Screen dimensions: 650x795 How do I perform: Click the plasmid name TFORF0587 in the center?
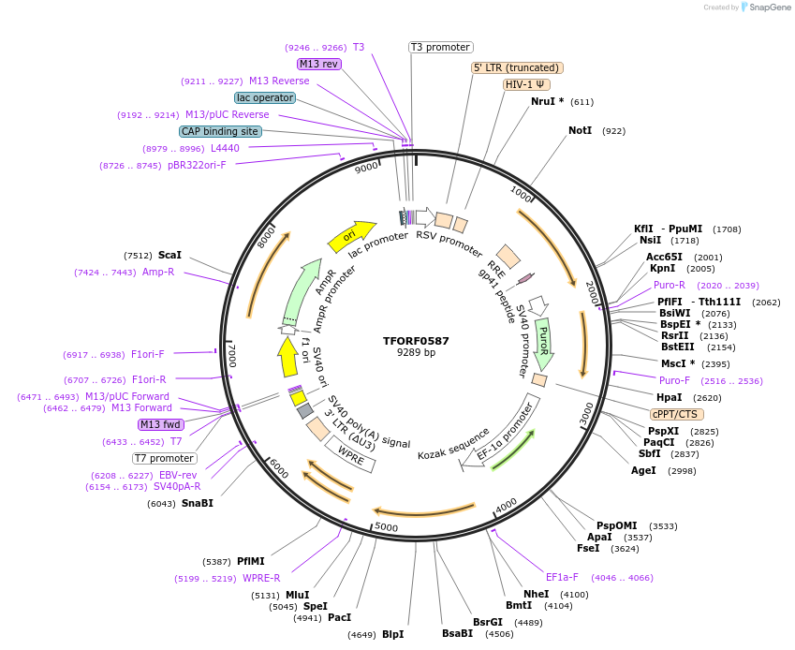coord(416,341)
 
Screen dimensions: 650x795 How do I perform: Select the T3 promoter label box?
coord(441,47)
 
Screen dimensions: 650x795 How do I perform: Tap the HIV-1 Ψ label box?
coord(527,84)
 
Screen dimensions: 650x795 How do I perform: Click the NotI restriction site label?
coord(581,131)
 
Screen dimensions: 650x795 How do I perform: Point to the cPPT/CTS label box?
coord(677,414)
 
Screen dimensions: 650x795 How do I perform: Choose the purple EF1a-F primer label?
coord(562,577)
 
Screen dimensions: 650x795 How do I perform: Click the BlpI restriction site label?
coord(392,634)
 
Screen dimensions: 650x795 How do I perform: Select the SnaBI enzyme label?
coord(198,504)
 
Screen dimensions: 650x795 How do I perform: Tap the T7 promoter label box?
coord(165,459)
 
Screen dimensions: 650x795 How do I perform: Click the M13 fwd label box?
coord(162,424)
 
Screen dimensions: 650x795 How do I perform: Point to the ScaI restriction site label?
coord(169,255)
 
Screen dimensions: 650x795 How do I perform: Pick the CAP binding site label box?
coord(220,132)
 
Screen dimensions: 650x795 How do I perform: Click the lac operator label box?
coord(265,97)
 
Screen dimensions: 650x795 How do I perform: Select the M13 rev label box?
coord(318,64)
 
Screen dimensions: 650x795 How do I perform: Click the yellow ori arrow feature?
coord(351,236)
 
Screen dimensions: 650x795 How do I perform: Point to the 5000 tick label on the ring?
coord(386,527)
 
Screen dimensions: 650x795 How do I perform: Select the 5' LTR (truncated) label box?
coord(516,67)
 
